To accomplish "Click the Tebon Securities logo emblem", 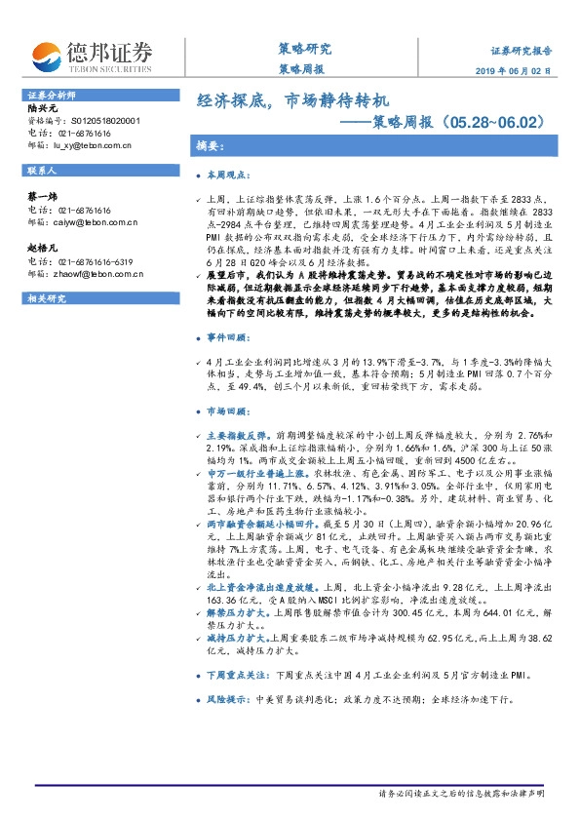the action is point(46,55).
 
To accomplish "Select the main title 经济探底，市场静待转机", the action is point(293,100).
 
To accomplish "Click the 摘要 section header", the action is point(211,145).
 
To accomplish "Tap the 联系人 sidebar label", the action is point(42,170).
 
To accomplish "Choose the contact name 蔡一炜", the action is point(42,196).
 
